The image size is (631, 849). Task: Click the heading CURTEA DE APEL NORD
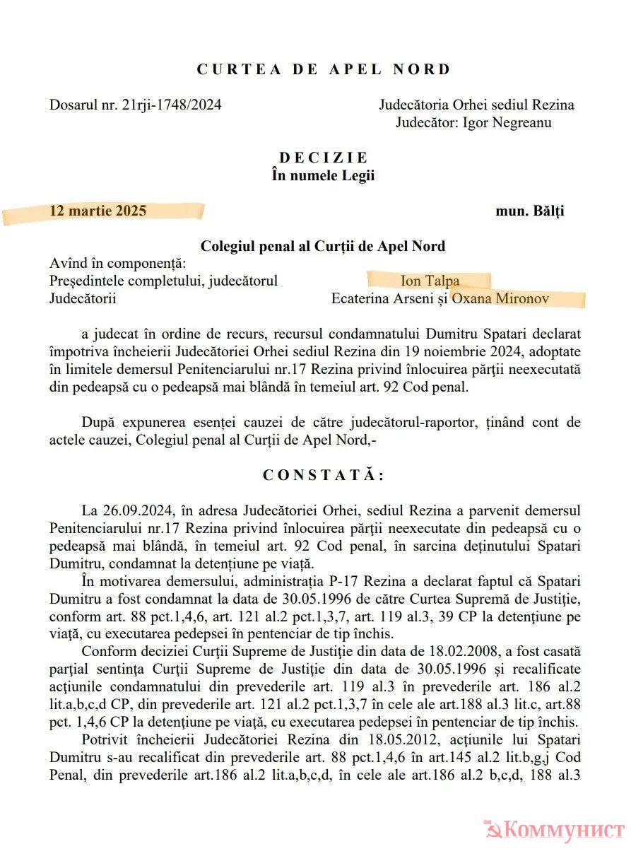point(323,69)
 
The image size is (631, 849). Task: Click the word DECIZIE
point(323,158)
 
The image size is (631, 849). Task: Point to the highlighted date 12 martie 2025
point(98,211)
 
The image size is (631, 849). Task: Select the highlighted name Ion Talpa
point(430,281)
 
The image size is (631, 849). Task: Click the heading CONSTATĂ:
point(323,475)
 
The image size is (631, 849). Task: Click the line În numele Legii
point(323,175)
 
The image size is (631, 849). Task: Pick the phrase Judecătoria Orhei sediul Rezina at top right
point(476,105)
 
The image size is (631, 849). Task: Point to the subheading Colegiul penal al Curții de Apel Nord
point(323,246)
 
